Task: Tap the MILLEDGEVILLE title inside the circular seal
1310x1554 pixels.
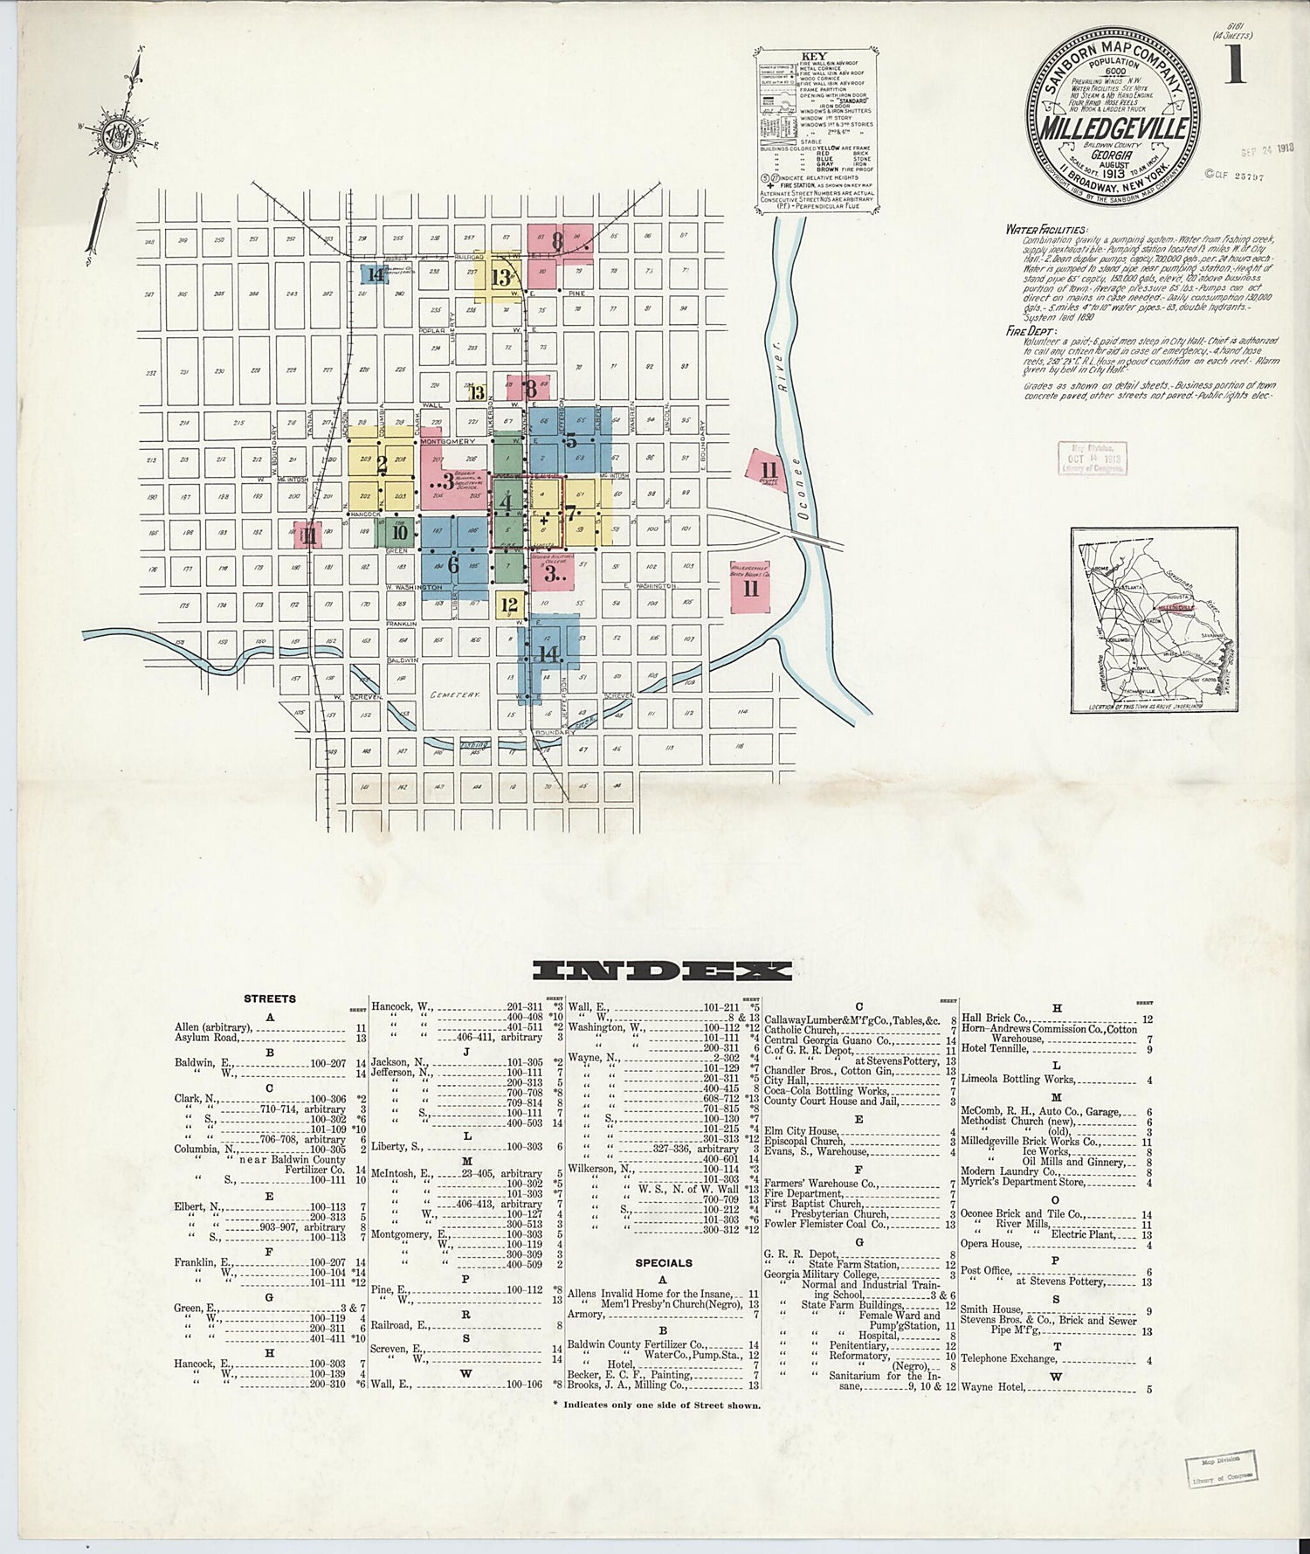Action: pos(1113,128)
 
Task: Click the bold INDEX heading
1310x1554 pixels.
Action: pos(662,970)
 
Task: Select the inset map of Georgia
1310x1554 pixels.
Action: pos(1154,620)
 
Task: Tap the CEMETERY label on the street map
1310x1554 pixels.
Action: pos(455,694)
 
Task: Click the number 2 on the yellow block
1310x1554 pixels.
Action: pos(382,465)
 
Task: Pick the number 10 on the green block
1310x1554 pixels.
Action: pos(400,532)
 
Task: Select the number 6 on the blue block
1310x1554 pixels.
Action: pos(452,565)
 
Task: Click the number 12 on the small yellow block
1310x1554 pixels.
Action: pos(510,604)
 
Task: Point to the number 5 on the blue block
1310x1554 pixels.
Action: pos(571,441)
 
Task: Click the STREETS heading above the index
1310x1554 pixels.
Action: pos(270,998)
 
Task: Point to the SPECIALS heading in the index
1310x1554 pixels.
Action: pos(664,1263)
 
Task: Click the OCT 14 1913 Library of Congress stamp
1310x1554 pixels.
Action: pos(1092,458)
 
